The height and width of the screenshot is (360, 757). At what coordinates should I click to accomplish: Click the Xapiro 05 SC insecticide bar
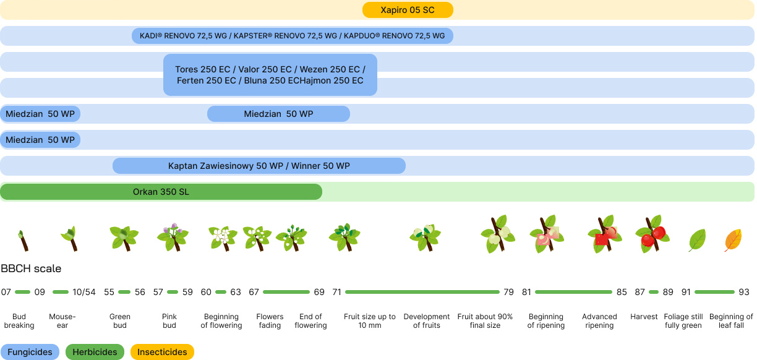click(408, 10)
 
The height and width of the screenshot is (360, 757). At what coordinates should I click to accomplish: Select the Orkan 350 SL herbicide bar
click(161, 192)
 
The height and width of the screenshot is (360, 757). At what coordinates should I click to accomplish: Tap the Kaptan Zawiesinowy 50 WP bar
click(259, 166)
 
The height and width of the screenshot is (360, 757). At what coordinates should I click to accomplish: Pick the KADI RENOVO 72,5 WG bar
click(293, 36)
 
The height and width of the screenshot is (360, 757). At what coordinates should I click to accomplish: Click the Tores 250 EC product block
click(270, 75)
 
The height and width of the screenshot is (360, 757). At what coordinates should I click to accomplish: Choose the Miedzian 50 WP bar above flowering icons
click(278, 114)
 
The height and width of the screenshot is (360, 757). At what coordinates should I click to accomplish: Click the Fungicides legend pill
click(30, 352)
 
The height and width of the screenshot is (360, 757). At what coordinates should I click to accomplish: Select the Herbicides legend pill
click(95, 352)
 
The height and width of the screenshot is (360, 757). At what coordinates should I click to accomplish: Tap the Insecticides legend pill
click(162, 352)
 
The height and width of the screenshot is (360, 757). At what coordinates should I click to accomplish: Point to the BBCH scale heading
click(31, 268)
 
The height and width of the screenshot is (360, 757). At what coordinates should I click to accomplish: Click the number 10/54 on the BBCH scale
click(84, 292)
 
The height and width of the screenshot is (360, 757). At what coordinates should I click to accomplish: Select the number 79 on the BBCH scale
click(508, 292)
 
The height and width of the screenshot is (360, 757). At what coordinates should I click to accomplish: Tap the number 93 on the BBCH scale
click(744, 292)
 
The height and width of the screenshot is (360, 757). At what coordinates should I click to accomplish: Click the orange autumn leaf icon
click(733, 240)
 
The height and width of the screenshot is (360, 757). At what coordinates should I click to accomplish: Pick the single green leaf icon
click(697, 240)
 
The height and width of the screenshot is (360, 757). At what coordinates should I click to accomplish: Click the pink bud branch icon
click(173, 238)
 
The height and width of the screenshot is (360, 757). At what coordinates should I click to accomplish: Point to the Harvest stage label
click(644, 317)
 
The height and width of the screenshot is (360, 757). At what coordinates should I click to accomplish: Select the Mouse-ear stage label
click(62, 321)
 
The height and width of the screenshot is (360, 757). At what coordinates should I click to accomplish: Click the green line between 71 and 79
click(422, 292)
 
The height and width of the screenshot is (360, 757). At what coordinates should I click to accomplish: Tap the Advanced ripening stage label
click(599, 321)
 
